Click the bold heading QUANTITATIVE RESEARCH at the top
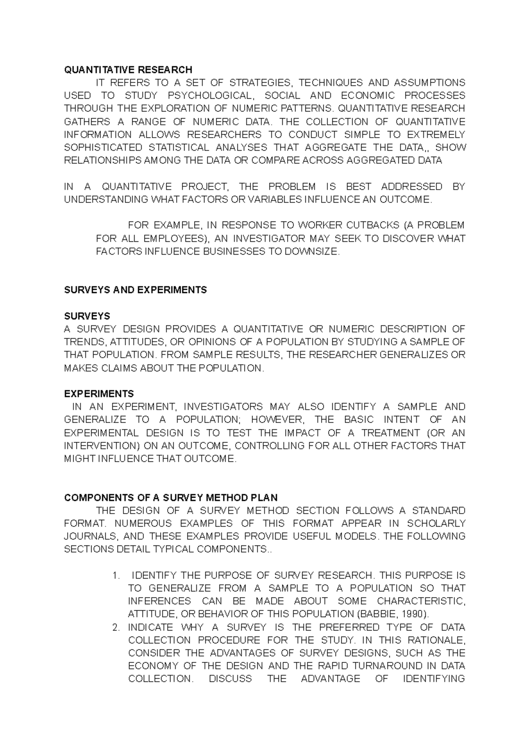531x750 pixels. coord(128,70)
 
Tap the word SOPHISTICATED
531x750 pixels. coord(104,147)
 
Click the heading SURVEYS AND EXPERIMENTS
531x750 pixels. coord(135,290)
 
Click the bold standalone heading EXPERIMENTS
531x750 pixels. coord(99,394)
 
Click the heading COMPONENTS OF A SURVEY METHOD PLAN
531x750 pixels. coord(171,497)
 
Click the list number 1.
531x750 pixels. coord(116,575)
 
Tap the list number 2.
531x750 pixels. coord(116,627)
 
